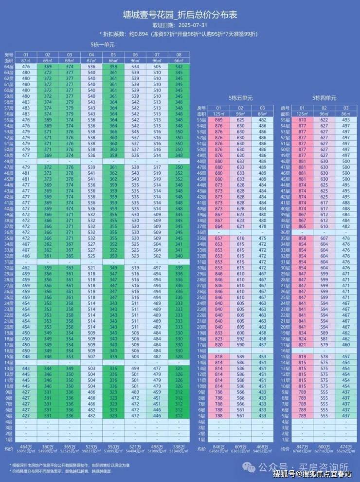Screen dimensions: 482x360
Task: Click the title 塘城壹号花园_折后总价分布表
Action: tap(180, 16)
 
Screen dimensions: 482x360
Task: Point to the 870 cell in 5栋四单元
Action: tap(302, 120)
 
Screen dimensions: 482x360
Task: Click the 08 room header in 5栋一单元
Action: tap(179, 55)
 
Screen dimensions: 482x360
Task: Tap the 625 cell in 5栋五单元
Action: tap(240, 120)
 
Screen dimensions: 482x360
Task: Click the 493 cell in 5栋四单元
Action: tap(346, 120)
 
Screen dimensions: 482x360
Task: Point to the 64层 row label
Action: tap(8, 67)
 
